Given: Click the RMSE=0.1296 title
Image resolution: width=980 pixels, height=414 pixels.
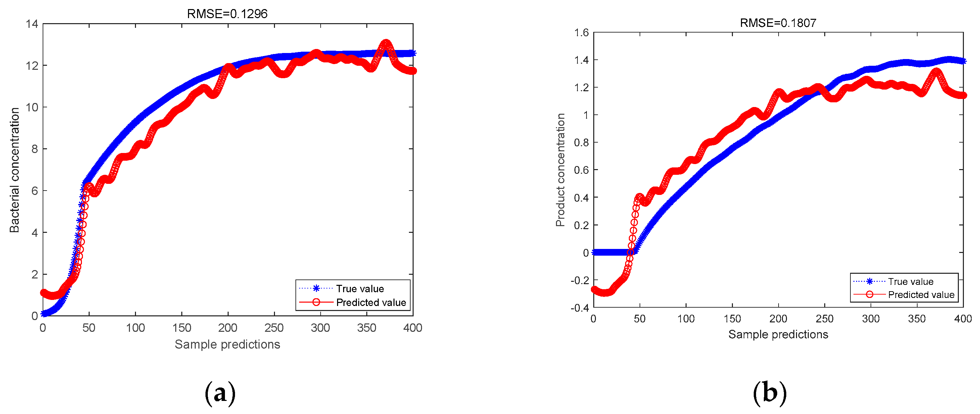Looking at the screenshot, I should coord(227,14).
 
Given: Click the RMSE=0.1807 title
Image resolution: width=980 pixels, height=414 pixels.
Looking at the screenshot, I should coord(778,23).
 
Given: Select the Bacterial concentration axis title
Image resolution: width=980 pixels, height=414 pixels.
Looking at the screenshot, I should coord(14,170).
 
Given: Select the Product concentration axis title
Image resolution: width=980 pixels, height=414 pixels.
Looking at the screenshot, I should coord(560,170).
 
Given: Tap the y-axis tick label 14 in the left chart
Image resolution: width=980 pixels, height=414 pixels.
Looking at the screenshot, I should coord(32,24).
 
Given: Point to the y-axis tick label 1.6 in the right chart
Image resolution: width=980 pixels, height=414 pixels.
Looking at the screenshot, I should coord(581,33).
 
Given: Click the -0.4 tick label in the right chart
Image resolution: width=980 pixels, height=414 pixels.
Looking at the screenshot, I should coord(579,308).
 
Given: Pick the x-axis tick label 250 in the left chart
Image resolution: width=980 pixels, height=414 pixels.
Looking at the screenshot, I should coord(274,328).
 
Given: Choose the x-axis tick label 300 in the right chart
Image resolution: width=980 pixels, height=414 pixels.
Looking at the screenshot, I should coord(871,319).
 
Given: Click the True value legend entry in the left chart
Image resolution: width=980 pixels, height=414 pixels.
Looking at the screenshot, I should coord(360,289).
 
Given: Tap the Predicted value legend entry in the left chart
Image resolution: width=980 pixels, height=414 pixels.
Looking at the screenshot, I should coord(371,302).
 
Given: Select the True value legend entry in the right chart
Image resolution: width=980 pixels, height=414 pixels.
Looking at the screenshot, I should coord(911,281).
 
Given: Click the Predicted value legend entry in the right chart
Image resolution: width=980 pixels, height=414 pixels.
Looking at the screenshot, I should coord(921,295).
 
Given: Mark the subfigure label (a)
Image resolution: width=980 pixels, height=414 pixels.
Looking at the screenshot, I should coord(220,393).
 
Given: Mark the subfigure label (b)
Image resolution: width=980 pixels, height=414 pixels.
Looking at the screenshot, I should coord(769,393).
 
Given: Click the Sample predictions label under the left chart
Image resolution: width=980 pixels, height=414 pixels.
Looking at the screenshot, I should coord(227,344).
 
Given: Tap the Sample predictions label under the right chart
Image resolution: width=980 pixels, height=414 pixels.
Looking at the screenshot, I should coord(778,334).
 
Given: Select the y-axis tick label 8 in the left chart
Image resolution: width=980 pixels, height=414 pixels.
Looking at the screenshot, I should coord(35,149).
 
